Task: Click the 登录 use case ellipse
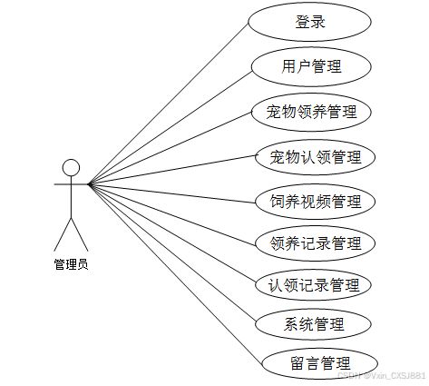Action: (x=309, y=22)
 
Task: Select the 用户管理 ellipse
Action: (x=311, y=67)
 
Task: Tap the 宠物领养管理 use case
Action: (x=311, y=112)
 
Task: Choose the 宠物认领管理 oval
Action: (x=315, y=157)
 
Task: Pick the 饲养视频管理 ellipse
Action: (x=315, y=202)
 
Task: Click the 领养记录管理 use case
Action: (x=315, y=243)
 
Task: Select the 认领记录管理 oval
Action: (x=313, y=285)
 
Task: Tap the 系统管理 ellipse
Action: (x=313, y=324)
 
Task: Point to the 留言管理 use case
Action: (x=319, y=363)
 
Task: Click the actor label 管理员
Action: (x=71, y=264)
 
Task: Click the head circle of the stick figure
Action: (x=71, y=168)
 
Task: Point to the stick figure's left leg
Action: (x=63, y=234)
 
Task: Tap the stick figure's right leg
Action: (x=80, y=234)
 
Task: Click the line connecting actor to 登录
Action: (x=169, y=103)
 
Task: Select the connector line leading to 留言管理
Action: (x=175, y=273)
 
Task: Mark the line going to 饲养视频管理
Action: (x=172, y=193)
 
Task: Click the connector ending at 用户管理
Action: (x=171, y=127)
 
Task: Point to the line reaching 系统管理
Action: (x=172, y=253)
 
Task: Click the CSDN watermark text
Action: (x=382, y=376)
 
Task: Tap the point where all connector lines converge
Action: (x=89, y=183)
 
